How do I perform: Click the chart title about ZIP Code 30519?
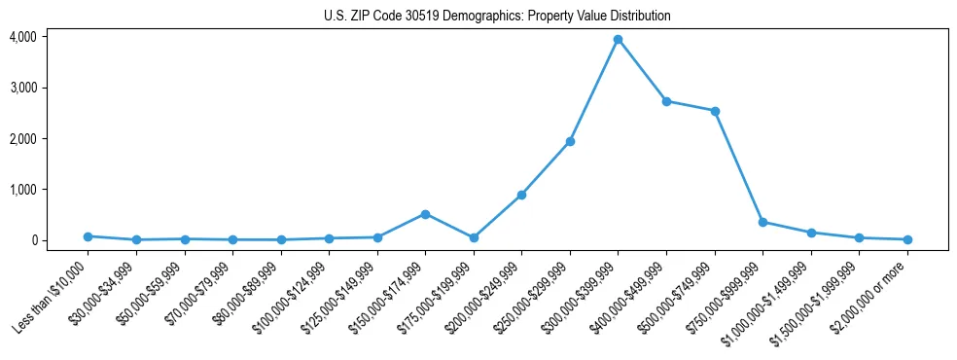[497, 17]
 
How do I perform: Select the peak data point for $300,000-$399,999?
[619, 40]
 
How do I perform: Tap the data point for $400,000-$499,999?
[666, 101]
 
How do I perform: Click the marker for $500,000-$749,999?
[715, 111]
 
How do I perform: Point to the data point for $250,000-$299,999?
[570, 142]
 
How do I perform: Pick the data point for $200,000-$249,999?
[522, 195]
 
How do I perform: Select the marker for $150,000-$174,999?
[425, 214]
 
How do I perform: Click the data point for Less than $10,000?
[88, 236]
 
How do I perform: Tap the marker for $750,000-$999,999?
[763, 222]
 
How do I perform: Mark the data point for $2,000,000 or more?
[907, 239]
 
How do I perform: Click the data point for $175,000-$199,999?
[474, 237]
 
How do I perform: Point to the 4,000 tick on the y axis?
[22, 37]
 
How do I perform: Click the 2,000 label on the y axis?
[22, 139]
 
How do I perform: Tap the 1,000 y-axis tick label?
[22, 190]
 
